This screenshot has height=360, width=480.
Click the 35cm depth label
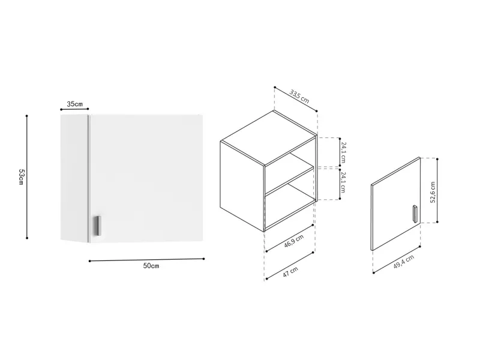click(74, 104)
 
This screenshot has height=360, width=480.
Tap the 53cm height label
click(21, 177)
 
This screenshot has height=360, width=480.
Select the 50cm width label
click(151, 266)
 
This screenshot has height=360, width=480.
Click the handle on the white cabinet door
click(98, 226)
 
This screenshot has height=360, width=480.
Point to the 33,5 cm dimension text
click(299, 96)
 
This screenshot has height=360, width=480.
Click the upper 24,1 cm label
click(343, 152)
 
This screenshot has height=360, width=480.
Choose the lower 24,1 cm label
click(343, 182)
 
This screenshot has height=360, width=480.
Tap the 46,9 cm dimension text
click(294, 241)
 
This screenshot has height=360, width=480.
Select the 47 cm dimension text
click(290, 272)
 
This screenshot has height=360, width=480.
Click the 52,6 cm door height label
click(433, 192)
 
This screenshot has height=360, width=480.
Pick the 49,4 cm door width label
click(404, 262)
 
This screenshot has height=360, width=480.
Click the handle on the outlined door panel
click(415, 213)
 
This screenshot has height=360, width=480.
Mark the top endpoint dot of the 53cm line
click(26, 116)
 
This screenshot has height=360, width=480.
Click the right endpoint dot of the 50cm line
click(204, 259)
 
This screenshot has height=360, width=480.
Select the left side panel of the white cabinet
click(74, 178)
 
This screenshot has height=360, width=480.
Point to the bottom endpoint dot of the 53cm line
click(27, 238)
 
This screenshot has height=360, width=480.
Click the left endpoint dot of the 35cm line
click(61, 110)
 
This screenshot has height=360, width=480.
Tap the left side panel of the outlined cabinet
click(242, 186)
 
